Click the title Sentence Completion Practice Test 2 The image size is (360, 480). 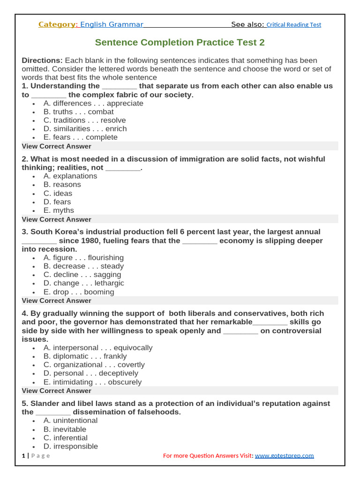tap(180, 43)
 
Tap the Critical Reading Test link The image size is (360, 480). tap(294, 25)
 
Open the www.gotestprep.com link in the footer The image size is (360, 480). tap(284, 456)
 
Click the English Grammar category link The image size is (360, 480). tap(112, 24)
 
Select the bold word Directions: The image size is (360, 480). tap(42, 60)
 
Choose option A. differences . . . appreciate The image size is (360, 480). tap(93, 103)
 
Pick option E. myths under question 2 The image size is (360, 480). tap(59, 210)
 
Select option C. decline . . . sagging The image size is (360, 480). tap(82, 275)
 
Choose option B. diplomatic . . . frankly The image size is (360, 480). tap(85, 356)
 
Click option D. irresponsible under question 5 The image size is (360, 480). tap(71, 446)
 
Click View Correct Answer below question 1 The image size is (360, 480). tap(57, 146)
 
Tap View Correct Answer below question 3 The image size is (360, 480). tap(57, 300)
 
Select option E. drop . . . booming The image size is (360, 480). tap(79, 292)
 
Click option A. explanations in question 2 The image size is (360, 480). tap(70, 176)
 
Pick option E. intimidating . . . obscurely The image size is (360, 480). tap(92, 382)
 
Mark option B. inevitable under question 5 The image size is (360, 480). tap(65, 429)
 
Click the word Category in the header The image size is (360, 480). tap(57, 24)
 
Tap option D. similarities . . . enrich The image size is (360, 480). tap(85, 129)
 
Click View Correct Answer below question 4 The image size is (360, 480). tap(57, 390)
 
